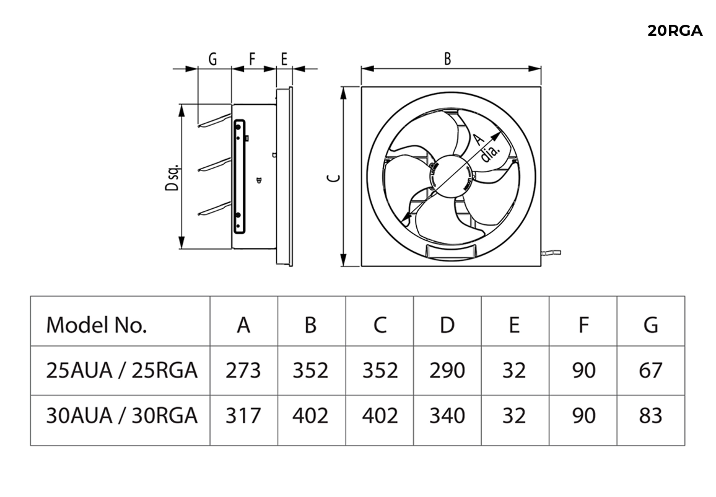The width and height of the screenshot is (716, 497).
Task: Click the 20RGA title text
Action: [x=675, y=31]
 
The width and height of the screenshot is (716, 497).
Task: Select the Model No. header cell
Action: [x=97, y=324]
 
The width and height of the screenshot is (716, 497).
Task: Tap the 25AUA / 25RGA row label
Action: [x=122, y=370]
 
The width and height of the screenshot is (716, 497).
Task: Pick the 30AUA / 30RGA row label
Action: [x=122, y=415]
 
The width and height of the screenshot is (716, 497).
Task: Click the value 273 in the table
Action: [x=243, y=370]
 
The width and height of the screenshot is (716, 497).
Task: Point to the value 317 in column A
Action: [x=243, y=415]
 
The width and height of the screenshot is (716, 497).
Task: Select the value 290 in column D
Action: [x=447, y=370]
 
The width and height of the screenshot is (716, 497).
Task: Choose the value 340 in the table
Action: [x=447, y=415]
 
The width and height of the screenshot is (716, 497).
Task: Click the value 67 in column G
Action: [x=650, y=370]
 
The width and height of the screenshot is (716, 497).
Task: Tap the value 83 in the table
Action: [x=650, y=415]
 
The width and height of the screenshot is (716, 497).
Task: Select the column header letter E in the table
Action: [x=514, y=324]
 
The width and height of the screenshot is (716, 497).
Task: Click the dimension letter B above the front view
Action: [x=447, y=59]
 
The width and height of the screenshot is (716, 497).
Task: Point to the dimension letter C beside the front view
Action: [x=333, y=179]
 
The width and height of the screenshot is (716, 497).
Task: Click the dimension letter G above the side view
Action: [x=212, y=59]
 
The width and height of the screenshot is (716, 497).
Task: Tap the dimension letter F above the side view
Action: [x=252, y=59]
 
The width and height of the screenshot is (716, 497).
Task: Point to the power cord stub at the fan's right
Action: [x=552, y=252]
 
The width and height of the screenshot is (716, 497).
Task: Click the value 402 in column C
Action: [x=379, y=415]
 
